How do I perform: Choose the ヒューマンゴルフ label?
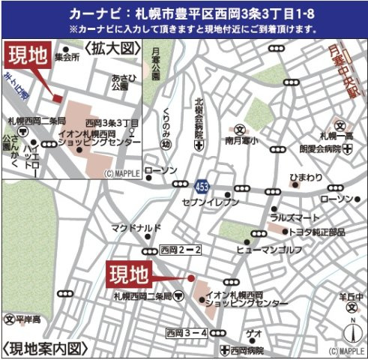coord(271,247)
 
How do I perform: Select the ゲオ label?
coord(255,333)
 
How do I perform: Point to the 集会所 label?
coord(66,56)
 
